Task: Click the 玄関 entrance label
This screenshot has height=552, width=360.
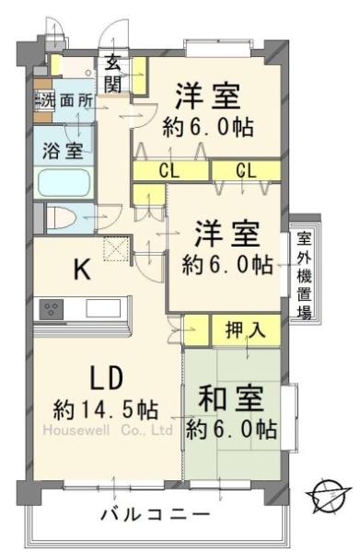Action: coord(113,73)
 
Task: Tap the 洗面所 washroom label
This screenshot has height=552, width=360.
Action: coord(66,102)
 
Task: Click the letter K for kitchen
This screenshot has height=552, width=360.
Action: coord(81,270)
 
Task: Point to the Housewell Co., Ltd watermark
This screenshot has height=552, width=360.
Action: coord(107,429)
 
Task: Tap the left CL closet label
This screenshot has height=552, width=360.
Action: coord(168,170)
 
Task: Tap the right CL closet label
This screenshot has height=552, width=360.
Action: coord(244,170)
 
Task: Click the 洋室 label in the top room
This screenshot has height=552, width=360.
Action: coord(209,95)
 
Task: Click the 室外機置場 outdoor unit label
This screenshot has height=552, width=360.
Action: coord(303,273)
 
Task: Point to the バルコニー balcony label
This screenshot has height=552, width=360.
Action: coord(155,513)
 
